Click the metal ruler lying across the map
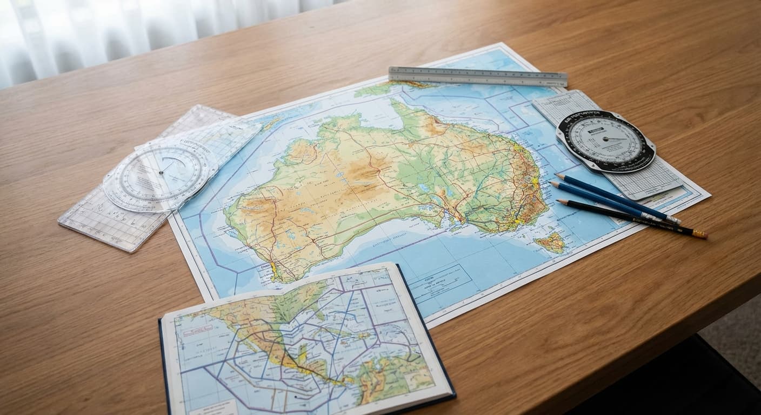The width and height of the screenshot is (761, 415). (478, 76)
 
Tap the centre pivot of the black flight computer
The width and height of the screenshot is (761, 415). (605, 139)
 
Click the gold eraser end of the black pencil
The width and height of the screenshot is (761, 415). (700, 234)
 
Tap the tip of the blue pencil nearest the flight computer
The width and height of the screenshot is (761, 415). (557, 176)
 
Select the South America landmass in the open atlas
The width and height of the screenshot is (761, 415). (395, 373)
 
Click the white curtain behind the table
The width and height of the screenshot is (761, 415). (108, 32)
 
